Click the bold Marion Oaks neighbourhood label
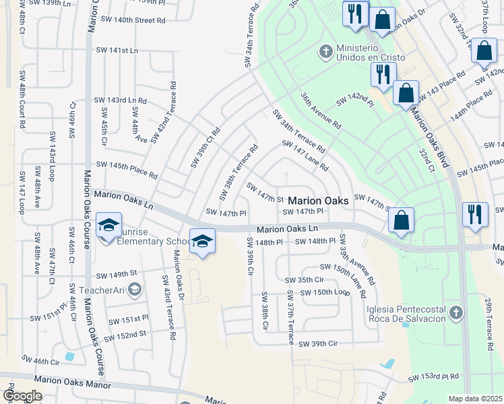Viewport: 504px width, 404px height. pos(318,201)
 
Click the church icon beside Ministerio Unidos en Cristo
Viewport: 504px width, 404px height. pos(326,51)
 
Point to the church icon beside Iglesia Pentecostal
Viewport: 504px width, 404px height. pos(456,312)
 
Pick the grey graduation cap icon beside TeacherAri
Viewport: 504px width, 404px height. pos(134,290)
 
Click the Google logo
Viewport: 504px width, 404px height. pos(22,396)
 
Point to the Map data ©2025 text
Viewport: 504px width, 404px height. pos(475,399)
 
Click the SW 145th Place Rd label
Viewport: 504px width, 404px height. pos(126,170)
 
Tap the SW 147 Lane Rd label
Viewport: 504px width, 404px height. pos(305,156)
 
